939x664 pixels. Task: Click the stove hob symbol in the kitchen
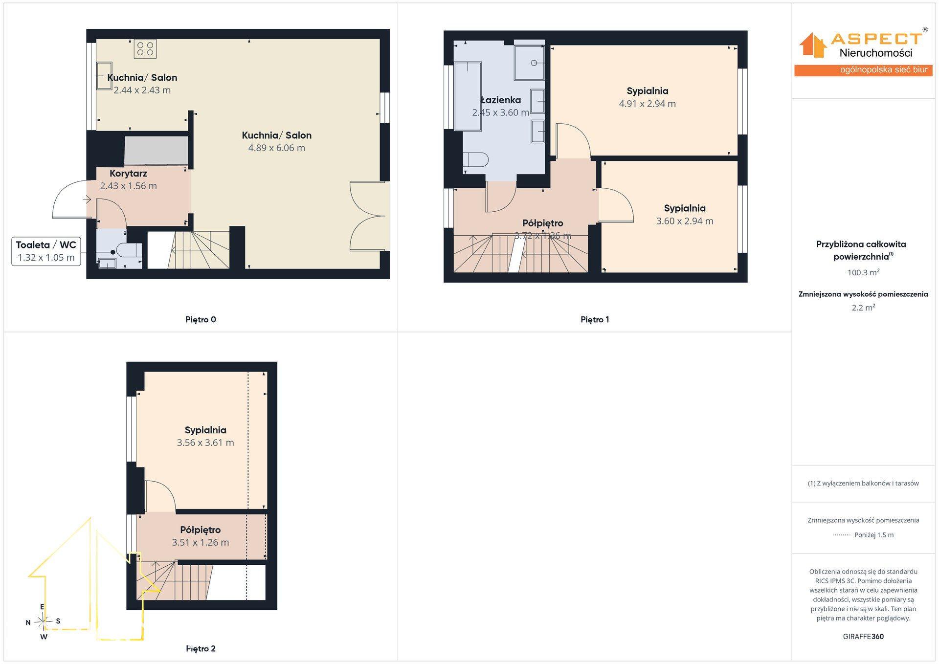click(x=145, y=48)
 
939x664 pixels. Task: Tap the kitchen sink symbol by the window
click(x=104, y=76)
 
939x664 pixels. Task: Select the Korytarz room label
click(x=128, y=173)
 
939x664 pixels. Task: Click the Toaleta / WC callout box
click(x=46, y=251)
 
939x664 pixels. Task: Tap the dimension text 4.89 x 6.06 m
click(x=276, y=148)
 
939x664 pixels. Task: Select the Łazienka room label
click(x=500, y=100)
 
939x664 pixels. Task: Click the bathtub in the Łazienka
click(x=468, y=96)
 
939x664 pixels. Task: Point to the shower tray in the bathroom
click(x=529, y=63)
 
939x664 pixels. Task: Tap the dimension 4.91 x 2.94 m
click(x=648, y=104)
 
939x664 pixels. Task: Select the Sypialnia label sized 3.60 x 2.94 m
click(x=685, y=208)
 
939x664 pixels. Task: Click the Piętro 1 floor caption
click(x=595, y=320)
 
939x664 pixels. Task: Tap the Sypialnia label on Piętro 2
click(x=205, y=430)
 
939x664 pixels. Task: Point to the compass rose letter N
click(x=28, y=622)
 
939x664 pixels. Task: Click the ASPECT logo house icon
click(x=812, y=45)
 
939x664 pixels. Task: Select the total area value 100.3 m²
click(x=863, y=272)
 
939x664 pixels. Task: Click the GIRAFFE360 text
click(x=863, y=637)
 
